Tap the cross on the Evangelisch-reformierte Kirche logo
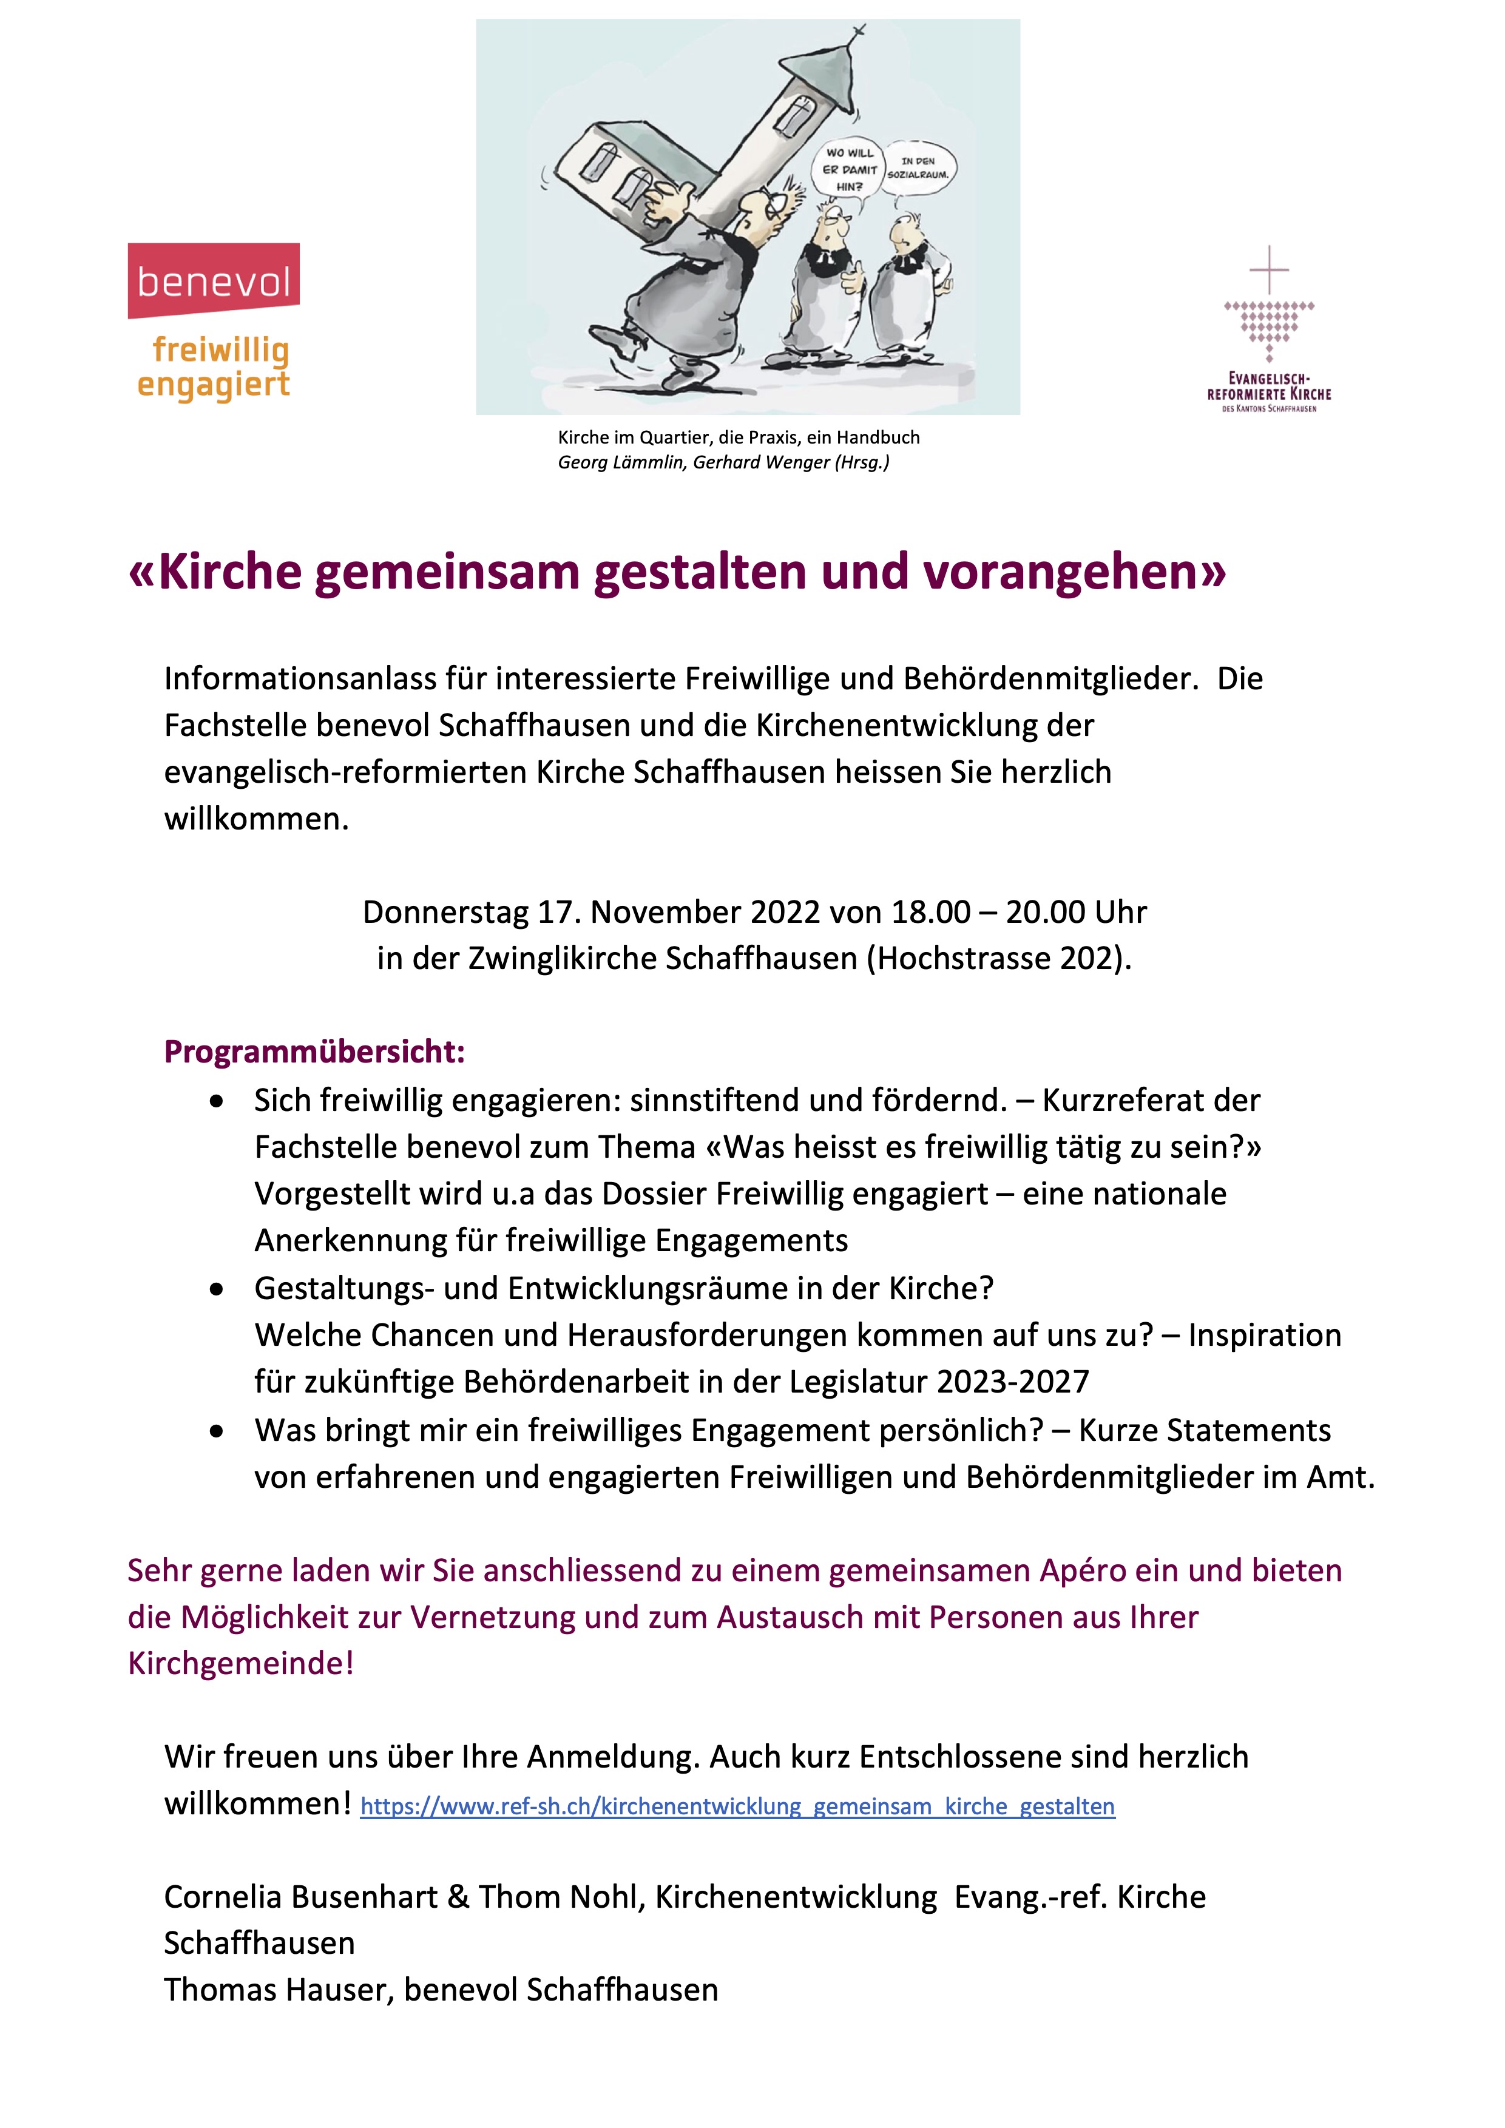pyautogui.click(x=1269, y=269)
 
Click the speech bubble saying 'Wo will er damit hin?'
pyautogui.click(x=849, y=169)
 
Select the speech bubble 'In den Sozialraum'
pyautogui.click(x=918, y=167)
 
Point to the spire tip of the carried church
pyautogui.click(x=858, y=32)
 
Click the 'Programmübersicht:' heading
pyautogui.click(x=314, y=1052)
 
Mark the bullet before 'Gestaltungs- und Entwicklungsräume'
pyautogui.click(x=217, y=1289)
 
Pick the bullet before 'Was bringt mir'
pyautogui.click(x=217, y=1431)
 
